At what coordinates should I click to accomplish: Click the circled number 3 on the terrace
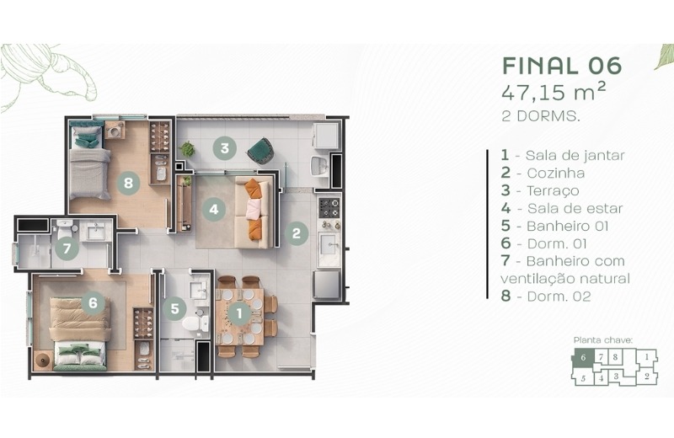(x=224, y=148)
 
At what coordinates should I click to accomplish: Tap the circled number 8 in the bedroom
(x=128, y=183)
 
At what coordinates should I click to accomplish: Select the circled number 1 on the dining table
(x=239, y=312)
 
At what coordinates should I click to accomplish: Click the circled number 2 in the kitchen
(x=297, y=233)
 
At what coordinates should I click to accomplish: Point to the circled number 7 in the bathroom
(x=67, y=248)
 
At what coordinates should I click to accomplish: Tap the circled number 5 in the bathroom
(x=174, y=308)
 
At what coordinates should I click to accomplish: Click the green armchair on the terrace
(x=260, y=151)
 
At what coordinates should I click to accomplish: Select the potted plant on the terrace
(x=187, y=149)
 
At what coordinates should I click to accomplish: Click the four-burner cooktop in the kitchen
(x=329, y=208)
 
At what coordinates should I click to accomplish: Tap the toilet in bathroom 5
(x=195, y=323)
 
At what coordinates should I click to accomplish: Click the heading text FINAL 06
(x=562, y=66)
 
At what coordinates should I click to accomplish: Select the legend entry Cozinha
(x=543, y=173)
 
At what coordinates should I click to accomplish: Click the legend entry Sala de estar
(x=562, y=208)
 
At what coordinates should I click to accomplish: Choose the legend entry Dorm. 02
(x=546, y=296)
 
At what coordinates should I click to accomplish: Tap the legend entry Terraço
(x=540, y=190)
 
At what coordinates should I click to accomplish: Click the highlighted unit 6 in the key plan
(x=583, y=358)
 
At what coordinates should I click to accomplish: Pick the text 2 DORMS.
(x=541, y=116)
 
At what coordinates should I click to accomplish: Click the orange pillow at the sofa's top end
(x=254, y=189)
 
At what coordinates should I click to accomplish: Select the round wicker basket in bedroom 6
(x=43, y=360)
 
